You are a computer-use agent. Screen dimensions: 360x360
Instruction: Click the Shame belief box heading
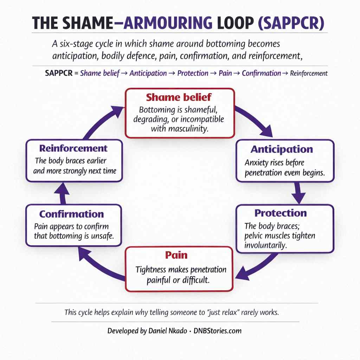tap(179, 97)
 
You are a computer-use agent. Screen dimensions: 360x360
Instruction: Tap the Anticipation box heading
tap(282, 149)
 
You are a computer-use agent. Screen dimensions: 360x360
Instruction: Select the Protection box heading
tap(281, 213)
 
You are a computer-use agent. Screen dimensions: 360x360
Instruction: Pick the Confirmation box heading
tap(71, 214)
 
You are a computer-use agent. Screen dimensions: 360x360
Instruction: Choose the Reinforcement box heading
tap(73, 148)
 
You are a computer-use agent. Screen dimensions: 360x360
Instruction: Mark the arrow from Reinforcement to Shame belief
tap(102, 121)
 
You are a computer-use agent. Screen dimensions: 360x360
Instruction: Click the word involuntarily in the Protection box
tap(266, 245)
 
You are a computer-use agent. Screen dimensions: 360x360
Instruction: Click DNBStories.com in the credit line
tap(218, 331)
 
